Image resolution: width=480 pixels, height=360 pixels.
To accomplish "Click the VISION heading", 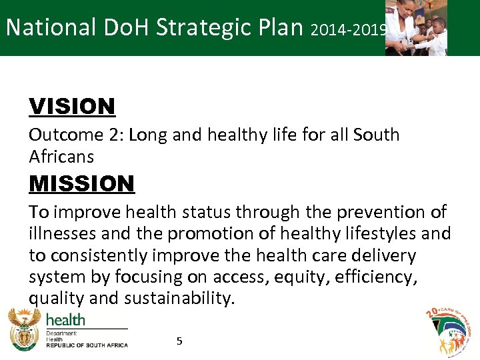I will (x=72, y=106).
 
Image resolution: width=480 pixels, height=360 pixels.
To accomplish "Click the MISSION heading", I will (x=81, y=183).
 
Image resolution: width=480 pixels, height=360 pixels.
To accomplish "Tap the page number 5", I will (x=179, y=341).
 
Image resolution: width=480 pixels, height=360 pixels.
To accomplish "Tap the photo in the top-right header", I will (x=416, y=27).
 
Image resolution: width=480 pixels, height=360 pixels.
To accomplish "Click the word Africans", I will (x=61, y=157).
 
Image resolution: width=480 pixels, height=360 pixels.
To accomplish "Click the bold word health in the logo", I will (x=65, y=319).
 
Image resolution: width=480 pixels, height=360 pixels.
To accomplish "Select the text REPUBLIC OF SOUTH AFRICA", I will (x=86, y=345).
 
